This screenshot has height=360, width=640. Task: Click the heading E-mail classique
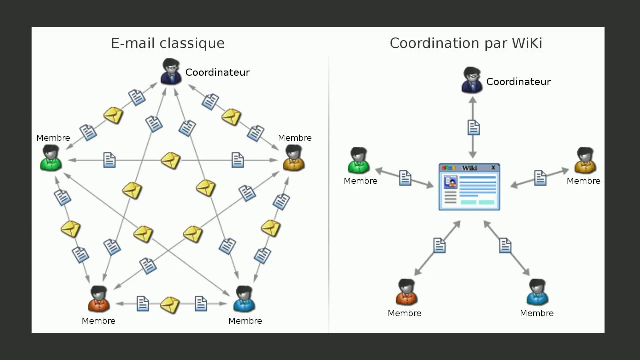coord(168,43)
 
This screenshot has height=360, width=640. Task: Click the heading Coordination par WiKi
coord(466,43)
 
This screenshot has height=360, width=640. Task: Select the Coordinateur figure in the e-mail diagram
coord(171,72)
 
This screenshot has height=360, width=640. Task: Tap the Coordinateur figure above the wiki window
coord(472,81)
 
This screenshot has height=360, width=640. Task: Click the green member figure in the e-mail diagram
coord(51,158)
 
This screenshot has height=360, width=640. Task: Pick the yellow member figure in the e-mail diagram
coord(294,158)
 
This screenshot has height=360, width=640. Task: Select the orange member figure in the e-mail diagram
coord(99,299)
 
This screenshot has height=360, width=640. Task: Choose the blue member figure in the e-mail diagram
coord(244,299)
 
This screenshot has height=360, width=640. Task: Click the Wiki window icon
coord(469,187)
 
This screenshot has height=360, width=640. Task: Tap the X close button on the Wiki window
coord(493,168)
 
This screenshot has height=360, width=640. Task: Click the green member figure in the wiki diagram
coord(358,161)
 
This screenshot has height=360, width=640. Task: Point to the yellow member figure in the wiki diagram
coord(584,161)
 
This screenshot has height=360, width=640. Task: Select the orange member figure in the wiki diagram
coord(406,292)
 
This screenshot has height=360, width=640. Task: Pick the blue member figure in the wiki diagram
coord(537,292)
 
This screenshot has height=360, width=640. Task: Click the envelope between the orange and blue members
coord(170,304)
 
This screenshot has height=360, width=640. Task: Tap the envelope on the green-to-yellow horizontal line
coord(170,160)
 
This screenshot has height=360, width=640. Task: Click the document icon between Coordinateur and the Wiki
coord(473,128)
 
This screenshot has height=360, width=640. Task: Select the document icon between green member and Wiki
coord(405,178)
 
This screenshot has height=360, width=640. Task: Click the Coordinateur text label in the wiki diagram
coord(518,82)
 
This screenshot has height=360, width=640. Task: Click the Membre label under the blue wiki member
coord(537,313)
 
